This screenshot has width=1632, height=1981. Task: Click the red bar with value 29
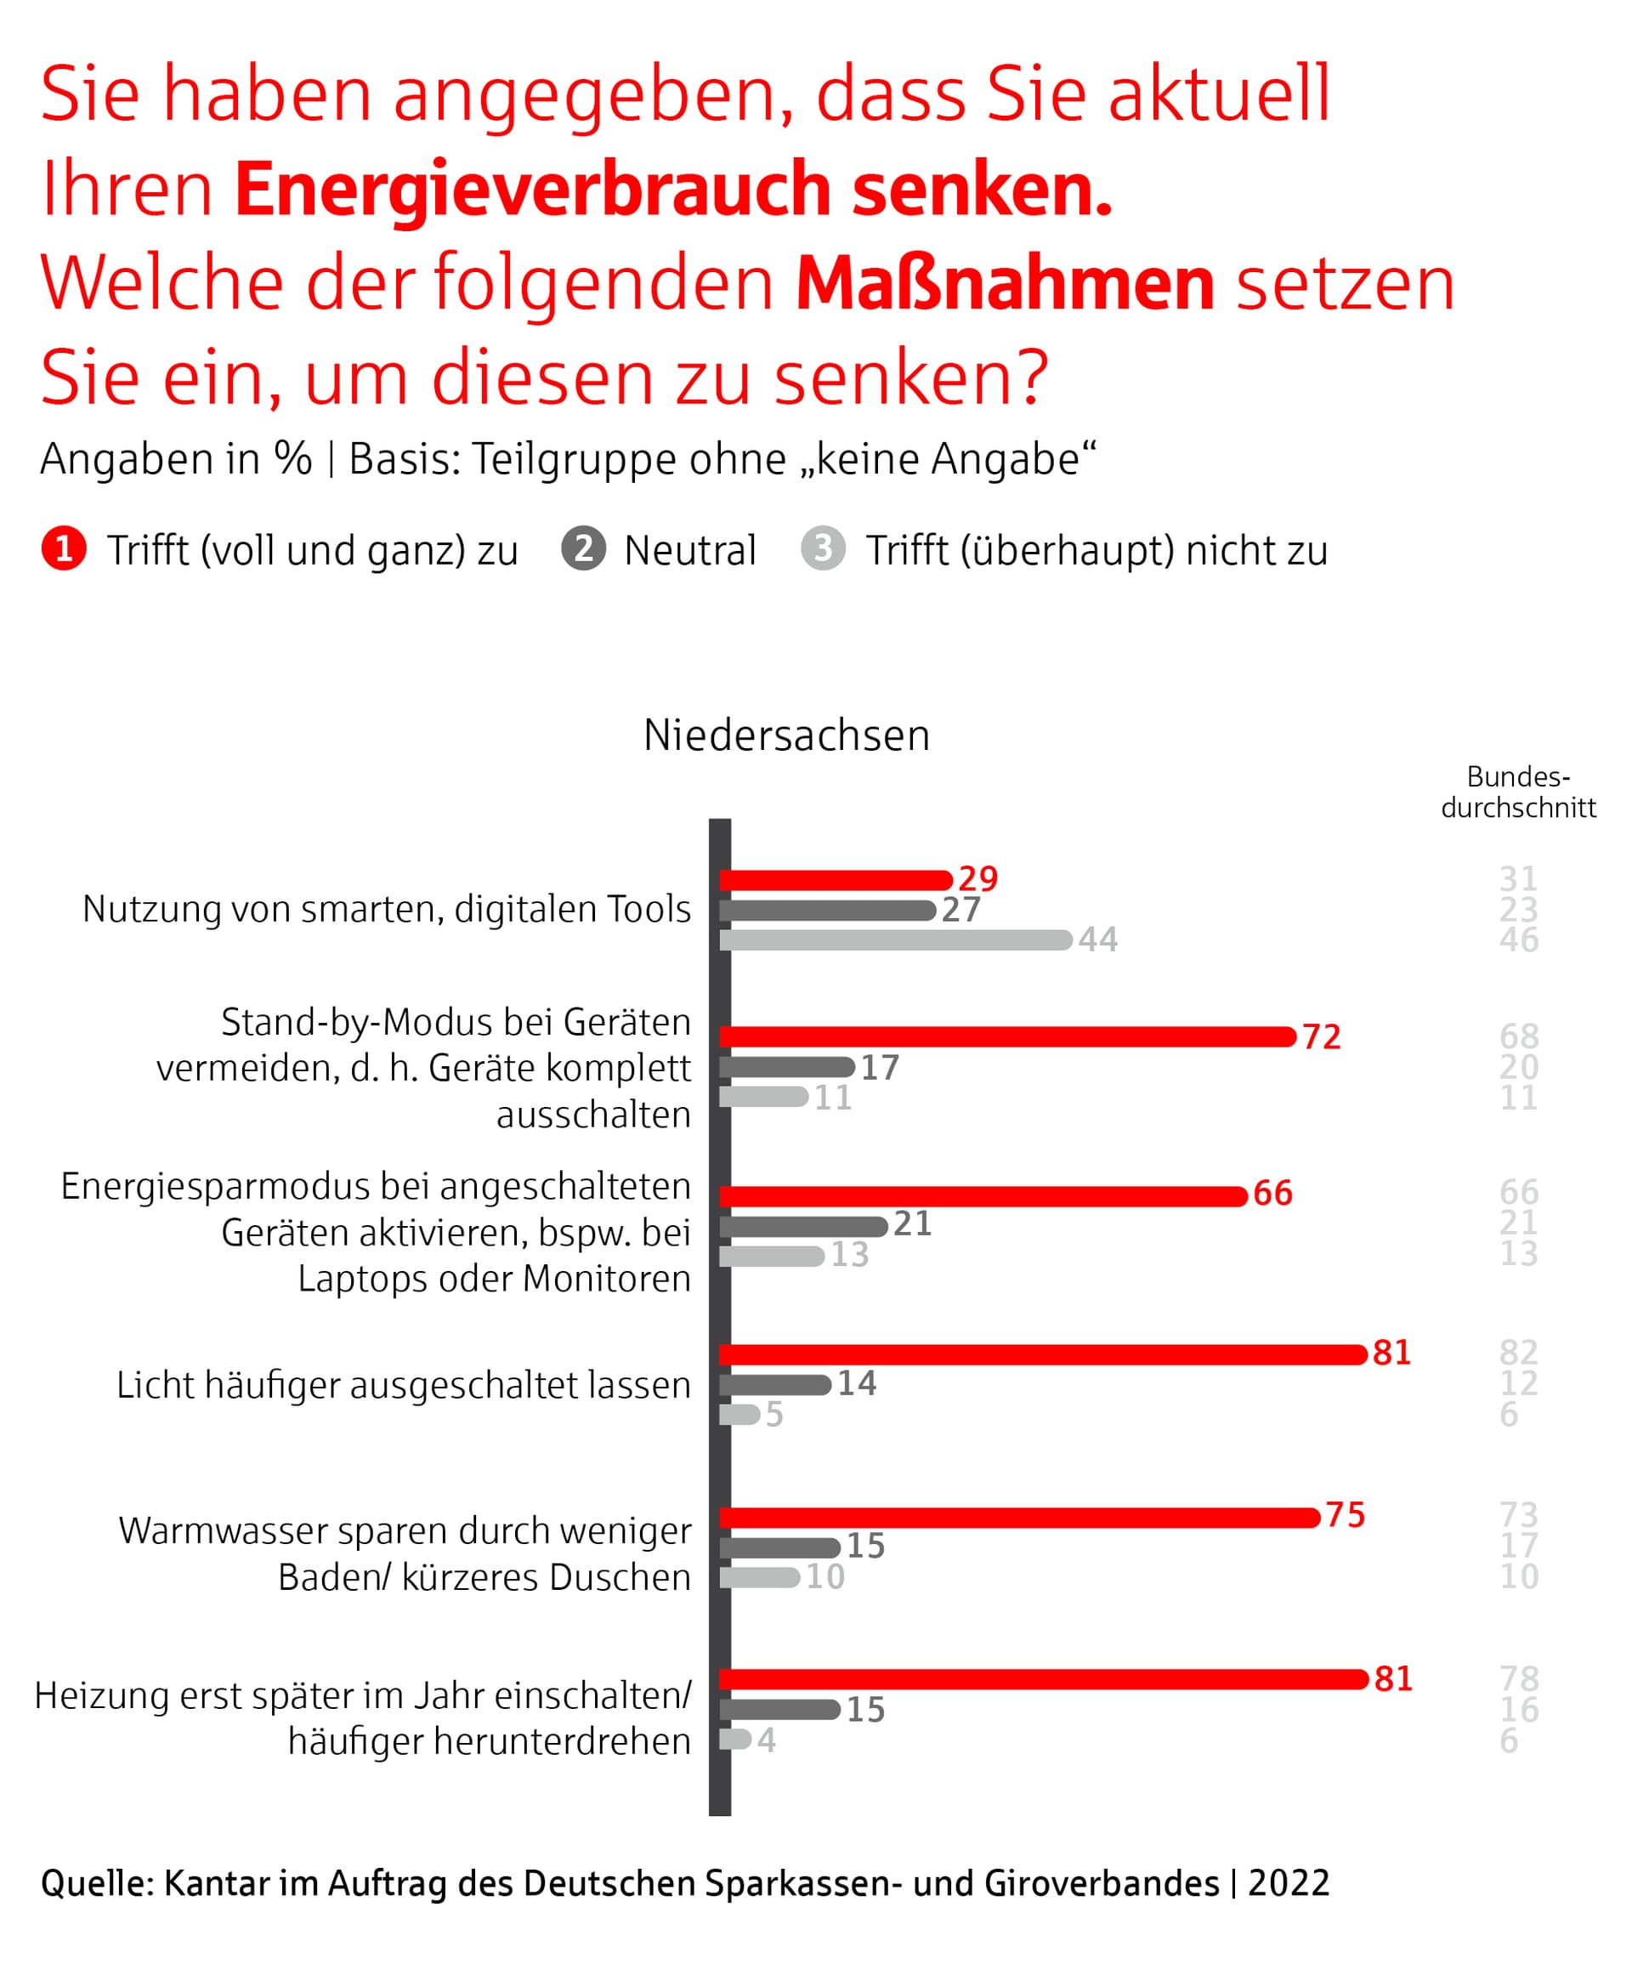click(836, 880)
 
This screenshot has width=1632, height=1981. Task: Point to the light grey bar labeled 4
click(735, 1740)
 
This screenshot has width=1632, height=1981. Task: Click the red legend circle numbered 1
click(64, 549)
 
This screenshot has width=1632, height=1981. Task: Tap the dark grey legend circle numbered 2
click(583, 549)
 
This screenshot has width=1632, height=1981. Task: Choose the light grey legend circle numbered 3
click(823, 549)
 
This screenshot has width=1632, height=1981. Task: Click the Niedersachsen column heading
click(786, 735)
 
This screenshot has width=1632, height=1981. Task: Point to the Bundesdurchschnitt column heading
click(1517, 792)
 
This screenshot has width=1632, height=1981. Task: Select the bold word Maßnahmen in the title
click(1004, 283)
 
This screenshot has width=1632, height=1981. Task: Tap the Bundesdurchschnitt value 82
click(1518, 1353)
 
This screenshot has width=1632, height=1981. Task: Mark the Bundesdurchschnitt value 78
click(1518, 1678)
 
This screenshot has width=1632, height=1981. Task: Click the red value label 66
click(1272, 1194)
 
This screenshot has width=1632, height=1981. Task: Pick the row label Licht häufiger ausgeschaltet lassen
click(403, 1385)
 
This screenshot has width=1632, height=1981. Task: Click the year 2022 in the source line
click(1288, 1883)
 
